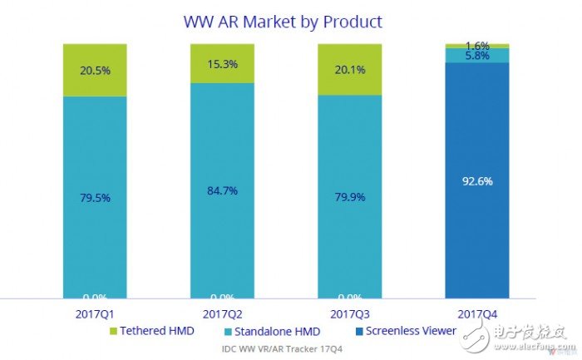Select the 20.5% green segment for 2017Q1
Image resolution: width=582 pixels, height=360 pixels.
tap(94, 70)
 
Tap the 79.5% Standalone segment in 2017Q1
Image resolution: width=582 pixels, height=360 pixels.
tap(94, 197)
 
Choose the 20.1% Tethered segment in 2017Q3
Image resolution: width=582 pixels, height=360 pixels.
tap(349, 69)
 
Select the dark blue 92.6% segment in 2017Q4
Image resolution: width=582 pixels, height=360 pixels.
tap(476, 180)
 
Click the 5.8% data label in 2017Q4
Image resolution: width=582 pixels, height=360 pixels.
tap(476, 56)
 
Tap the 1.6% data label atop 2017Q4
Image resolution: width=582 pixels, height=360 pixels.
tap(476, 45)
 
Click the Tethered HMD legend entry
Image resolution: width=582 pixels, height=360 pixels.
tap(151, 331)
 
